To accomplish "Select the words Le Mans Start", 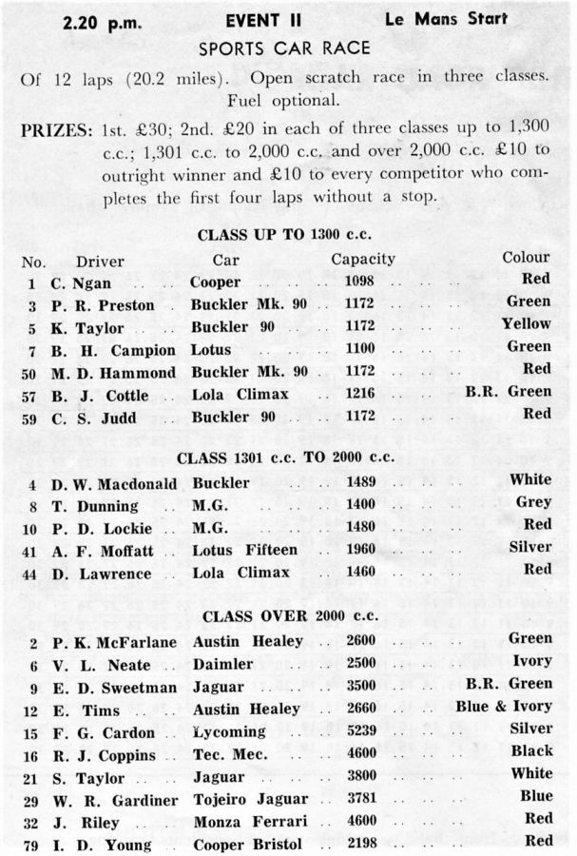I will click(446, 18).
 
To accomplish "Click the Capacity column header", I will click(363, 258).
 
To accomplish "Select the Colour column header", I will click(526, 257).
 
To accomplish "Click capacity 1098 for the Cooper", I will click(362, 282).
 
